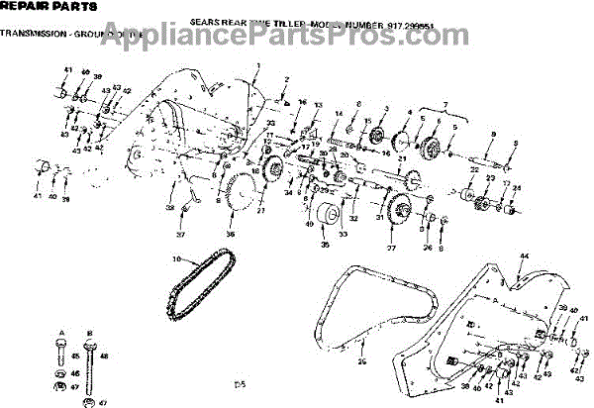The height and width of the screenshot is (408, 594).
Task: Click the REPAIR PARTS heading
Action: (x=34, y=8)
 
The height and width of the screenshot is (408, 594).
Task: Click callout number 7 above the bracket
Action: (x=444, y=103)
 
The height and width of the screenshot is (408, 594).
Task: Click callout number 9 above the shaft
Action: (x=493, y=133)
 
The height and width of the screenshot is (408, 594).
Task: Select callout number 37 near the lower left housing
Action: (x=181, y=235)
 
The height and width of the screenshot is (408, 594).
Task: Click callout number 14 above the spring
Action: (x=339, y=115)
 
